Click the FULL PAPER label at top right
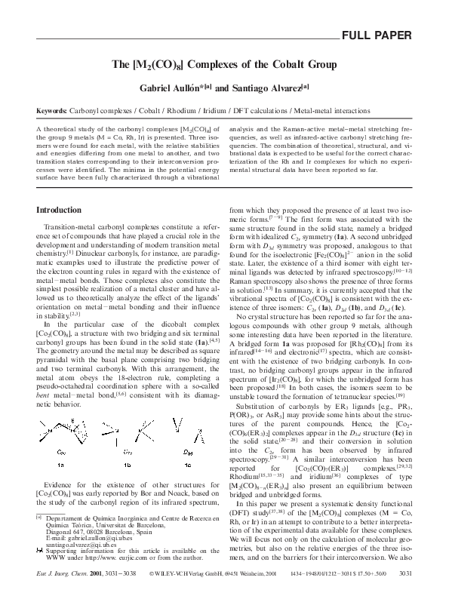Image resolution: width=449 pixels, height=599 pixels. (377, 36)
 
